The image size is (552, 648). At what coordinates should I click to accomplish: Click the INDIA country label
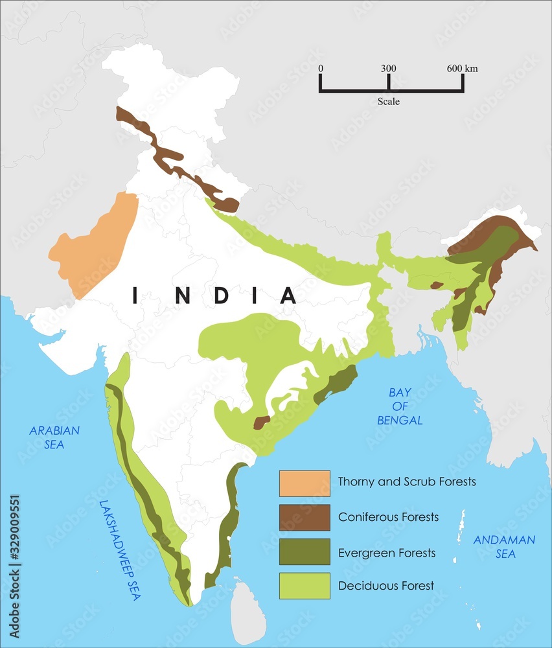(214, 295)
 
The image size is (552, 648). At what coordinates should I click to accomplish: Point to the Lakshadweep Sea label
(121, 551)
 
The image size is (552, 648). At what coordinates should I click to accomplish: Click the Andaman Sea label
(504, 546)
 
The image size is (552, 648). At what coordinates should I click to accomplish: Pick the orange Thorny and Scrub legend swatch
(305, 483)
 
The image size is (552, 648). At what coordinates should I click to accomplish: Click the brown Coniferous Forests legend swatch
(305, 517)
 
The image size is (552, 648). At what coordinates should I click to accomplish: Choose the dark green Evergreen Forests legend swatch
(305, 551)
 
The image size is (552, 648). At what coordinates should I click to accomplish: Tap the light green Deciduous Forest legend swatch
(305, 586)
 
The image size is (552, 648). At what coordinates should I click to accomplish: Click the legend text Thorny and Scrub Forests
(407, 482)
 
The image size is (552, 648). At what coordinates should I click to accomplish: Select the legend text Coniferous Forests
(388, 517)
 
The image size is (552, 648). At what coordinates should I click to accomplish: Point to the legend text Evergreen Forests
(387, 553)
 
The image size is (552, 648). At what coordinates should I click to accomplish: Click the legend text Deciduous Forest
(386, 586)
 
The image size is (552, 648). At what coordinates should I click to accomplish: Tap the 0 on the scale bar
(321, 69)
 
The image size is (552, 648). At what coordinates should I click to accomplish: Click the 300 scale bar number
(388, 69)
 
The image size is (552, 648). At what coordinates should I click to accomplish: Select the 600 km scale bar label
(462, 69)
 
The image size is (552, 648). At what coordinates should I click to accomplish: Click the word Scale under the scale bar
(389, 102)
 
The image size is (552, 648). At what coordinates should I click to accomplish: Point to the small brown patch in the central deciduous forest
(261, 422)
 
